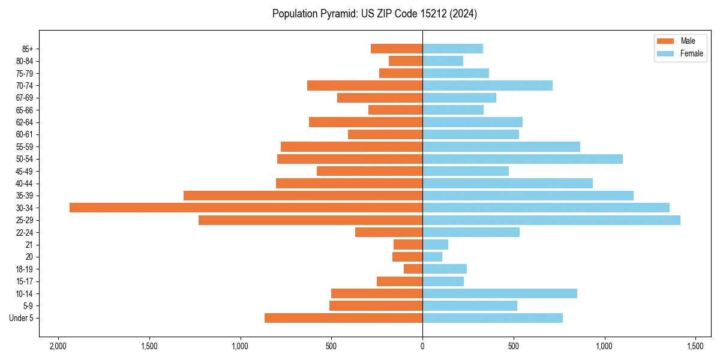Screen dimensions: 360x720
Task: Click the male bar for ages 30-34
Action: point(246,208)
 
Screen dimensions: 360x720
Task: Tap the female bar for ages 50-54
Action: point(522,159)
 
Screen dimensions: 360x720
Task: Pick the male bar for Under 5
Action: point(343,318)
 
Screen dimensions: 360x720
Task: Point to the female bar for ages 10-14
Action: point(499,293)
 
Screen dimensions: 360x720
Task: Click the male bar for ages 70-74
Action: point(365,86)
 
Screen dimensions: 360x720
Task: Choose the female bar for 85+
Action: point(452,49)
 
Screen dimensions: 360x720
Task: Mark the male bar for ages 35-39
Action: point(303,196)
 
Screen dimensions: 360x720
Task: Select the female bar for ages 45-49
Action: point(465,171)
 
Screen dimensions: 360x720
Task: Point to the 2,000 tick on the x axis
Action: point(58,346)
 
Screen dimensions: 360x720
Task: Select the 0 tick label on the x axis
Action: point(422,346)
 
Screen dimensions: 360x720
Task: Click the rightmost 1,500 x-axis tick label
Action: point(695,346)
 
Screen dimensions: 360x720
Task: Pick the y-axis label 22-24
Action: point(25,233)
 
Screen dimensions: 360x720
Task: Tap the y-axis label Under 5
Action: point(21,318)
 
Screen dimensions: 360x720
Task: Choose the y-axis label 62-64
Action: point(25,122)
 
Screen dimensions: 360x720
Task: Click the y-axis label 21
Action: point(29,245)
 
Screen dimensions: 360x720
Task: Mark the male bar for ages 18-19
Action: point(413,269)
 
